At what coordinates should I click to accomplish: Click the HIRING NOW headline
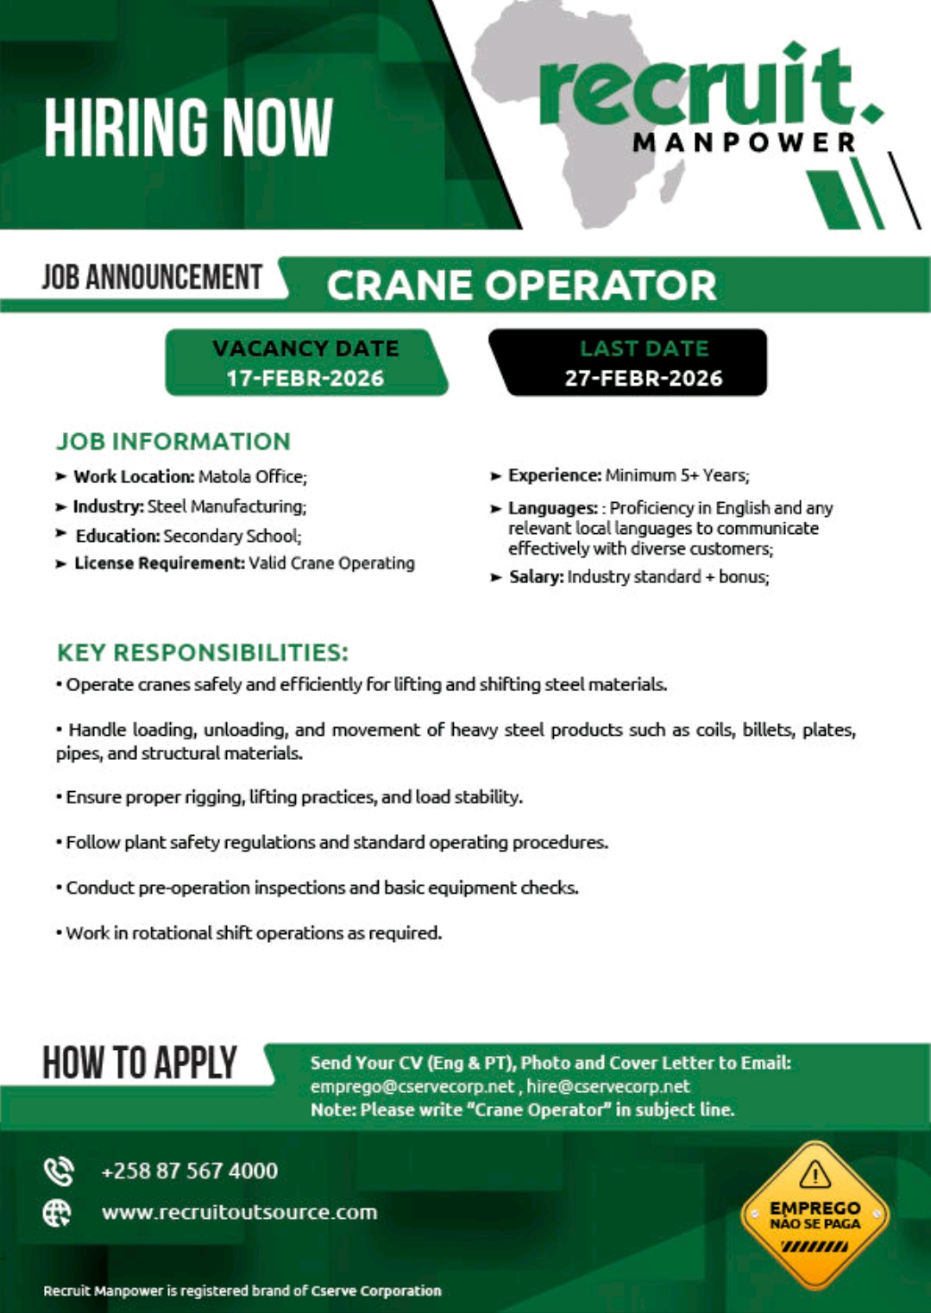188,128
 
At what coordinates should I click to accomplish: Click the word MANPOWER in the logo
744,142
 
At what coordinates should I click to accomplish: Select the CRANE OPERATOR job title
521,286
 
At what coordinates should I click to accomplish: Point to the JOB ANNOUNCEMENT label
152,277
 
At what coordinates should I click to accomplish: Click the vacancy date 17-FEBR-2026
305,378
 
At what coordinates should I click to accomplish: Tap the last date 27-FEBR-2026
644,378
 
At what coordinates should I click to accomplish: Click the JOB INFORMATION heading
173,441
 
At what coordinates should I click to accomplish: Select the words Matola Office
252,476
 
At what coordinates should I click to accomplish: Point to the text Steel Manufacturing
226,506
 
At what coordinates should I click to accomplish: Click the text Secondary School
231,536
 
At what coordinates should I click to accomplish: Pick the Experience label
554,475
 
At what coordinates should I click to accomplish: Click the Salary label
536,576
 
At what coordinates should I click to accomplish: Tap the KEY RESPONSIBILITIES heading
203,652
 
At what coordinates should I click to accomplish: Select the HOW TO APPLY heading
140,1063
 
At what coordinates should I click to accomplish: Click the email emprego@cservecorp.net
412,1086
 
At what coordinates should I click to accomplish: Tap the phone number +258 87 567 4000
190,1171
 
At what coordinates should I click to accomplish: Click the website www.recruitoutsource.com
239,1212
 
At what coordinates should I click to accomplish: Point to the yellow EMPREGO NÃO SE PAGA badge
815,1215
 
